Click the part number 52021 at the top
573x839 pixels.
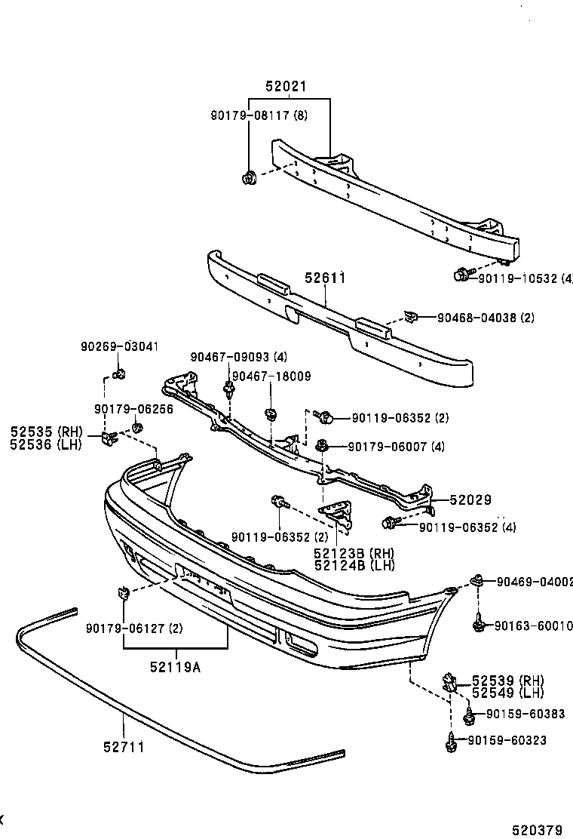tap(286, 87)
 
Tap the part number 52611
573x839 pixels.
tap(325, 278)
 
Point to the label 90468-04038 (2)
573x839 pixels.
tap(486, 318)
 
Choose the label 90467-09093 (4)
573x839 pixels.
tap(238, 357)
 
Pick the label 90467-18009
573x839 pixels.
tap(271, 376)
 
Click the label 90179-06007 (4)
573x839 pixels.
tap(396, 447)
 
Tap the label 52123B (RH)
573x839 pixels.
tap(354, 554)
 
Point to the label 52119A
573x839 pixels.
tap(176, 666)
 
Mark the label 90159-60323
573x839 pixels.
tap(506, 740)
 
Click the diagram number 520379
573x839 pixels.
tap(537, 830)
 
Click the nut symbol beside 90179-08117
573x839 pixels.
tap(250, 178)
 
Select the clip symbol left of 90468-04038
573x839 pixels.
tap(412, 317)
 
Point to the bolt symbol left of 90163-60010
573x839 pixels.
tap(478, 624)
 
